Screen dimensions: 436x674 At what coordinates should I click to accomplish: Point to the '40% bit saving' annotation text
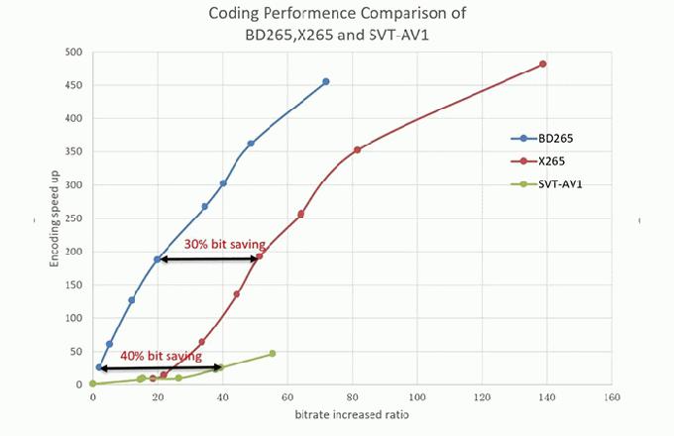tap(154, 355)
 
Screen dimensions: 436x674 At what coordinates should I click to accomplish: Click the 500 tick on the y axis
tap(74, 52)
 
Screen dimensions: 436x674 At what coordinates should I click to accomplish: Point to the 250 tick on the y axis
tap(74, 218)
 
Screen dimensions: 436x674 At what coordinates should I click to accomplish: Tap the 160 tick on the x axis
tap(612, 396)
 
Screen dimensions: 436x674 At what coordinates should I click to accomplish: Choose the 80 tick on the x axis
tap(352, 396)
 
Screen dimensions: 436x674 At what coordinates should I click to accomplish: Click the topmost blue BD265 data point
tap(326, 81)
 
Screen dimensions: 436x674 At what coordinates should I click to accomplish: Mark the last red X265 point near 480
tap(542, 64)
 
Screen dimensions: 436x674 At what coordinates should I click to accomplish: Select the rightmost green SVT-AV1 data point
tap(272, 353)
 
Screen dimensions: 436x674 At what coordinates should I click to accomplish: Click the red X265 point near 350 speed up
tap(357, 150)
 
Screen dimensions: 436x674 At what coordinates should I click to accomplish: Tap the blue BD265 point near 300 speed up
tap(223, 183)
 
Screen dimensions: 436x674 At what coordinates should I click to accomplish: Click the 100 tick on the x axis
tap(416, 396)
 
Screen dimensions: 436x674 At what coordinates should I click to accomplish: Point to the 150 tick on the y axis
tap(74, 284)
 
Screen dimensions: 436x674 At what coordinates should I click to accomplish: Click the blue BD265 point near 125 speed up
tap(131, 299)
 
